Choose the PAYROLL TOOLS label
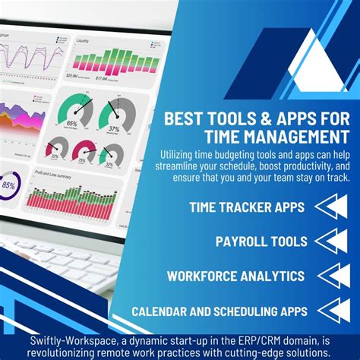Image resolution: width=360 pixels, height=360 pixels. coord(261,242)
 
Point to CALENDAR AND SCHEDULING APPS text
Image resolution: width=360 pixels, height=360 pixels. coord(219,311)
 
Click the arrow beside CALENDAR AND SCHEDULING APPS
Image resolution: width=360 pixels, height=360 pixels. coord(334,310)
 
